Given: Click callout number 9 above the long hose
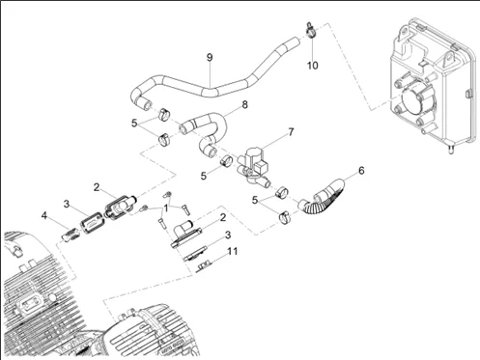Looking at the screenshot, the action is click(x=210, y=58).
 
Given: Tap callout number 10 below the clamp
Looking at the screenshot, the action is click(x=312, y=66).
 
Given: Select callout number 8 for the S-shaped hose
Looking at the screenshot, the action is click(x=244, y=104).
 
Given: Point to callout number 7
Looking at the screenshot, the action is click(x=291, y=132).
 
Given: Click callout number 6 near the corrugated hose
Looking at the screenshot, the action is click(x=361, y=171).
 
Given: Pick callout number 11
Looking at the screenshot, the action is click(x=233, y=251).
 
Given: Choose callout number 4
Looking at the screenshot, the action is click(x=44, y=215).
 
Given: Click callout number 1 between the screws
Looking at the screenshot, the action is click(x=166, y=208).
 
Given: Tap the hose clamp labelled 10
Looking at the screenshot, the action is click(x=311, y=31).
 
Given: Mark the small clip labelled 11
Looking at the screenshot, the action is click(x=204, y=265).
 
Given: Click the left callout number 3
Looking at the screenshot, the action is click(x=66, y=204).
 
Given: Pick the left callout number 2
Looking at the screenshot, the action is click(x=97, y=187).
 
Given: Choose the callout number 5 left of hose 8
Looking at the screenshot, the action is click(x=134, y=123).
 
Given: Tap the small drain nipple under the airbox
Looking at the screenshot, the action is click(x=451, y=149).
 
